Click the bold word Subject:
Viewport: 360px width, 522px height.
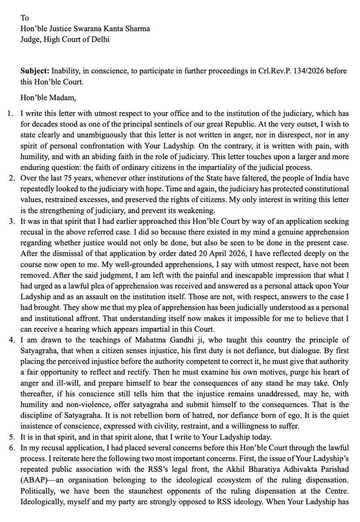tap(35, 70)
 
